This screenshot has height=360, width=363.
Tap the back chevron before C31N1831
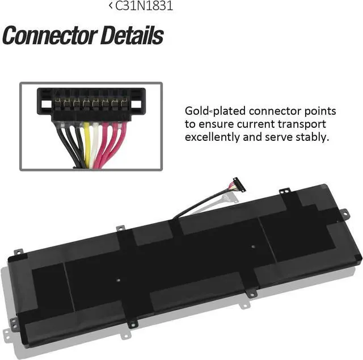click(x=110, y=6)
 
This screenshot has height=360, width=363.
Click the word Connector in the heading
click(x=49, y=35)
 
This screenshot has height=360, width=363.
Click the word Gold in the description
click(x=197, y=111)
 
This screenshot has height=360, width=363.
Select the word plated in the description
click(x=227, y=111)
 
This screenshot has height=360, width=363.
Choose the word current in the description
click(x=260, y=124)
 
